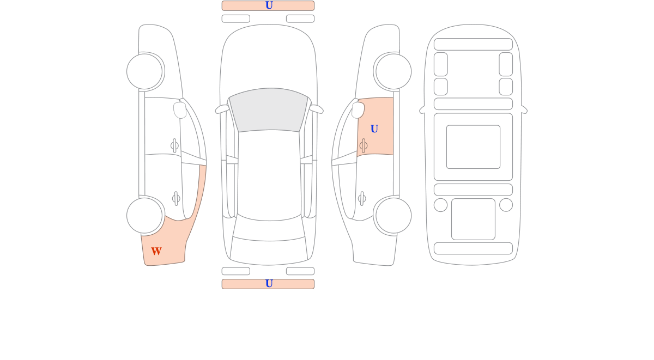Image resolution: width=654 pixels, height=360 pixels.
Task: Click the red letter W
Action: (x=156, y=251)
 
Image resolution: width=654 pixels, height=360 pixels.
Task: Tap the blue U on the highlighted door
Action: (x=374, y=129)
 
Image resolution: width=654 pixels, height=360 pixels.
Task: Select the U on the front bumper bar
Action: (x=269, y=5)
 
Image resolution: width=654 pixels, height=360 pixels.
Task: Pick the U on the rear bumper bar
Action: (x=269, y=283)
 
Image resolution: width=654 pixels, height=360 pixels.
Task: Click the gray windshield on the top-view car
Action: (x=269, y=109)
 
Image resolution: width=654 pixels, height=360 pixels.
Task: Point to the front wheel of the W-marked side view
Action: (x=144, y=71)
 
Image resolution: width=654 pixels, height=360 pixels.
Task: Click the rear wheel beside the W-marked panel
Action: (x=144, y=216)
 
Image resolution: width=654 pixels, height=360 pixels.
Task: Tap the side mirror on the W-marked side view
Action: (x=180, y=110)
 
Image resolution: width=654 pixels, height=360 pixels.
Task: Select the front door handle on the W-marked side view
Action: (x=174, y=145)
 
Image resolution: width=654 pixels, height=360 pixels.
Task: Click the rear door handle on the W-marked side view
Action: (x=176, y=199)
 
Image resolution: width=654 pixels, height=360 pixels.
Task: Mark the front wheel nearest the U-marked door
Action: (x=393, y=71)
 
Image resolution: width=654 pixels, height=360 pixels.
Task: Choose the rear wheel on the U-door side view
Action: (x=393, y=216)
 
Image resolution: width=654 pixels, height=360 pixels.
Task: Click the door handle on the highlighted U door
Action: (x=364, y=145)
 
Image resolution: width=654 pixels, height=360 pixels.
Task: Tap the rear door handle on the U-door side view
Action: (x=362, y=199)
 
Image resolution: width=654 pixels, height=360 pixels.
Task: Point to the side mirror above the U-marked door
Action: (x=358, y=110)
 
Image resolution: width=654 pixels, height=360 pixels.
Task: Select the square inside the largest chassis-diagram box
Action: (x=473, y=147)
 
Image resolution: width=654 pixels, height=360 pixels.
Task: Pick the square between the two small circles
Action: (x=473, y=219)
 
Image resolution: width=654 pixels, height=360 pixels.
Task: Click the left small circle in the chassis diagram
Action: (x=440, y=205)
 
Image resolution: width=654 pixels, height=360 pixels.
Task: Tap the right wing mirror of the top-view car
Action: (x=317, y=109)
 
